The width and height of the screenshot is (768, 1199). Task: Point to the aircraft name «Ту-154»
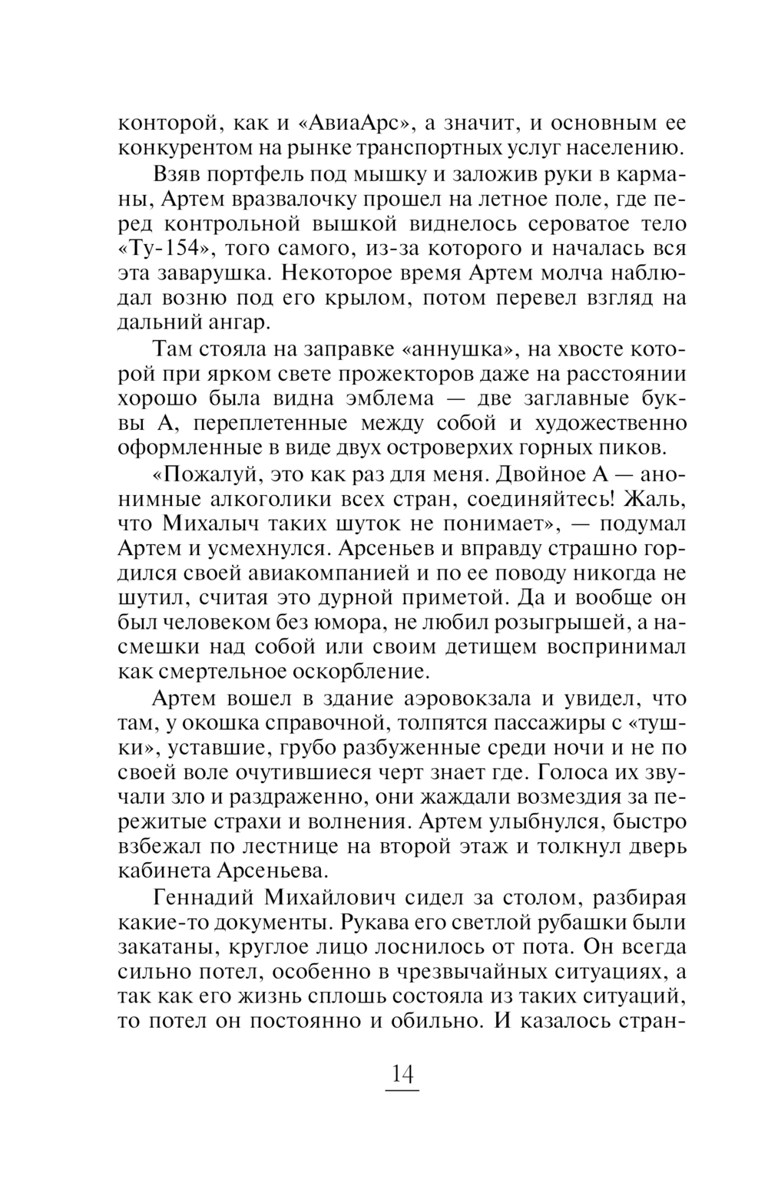(x=163, y=249)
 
